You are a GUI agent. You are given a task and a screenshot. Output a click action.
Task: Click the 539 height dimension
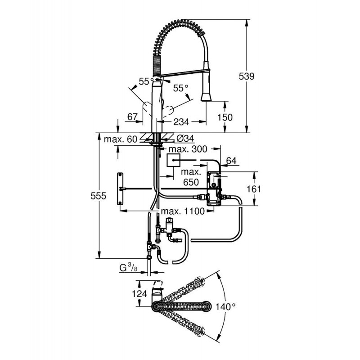[247, 76]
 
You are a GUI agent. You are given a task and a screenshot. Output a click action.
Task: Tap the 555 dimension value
[98, 196]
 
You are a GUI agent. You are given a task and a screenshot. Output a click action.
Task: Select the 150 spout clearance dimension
[225, 117]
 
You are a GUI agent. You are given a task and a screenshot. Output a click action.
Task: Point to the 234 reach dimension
[181, 122]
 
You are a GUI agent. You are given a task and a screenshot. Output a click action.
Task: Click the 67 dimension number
[133, 117]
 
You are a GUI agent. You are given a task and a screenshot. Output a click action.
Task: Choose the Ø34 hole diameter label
[185, 139]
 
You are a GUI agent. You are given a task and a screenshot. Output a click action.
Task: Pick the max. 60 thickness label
[121, 139]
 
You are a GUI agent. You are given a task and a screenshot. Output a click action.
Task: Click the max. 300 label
[188, 149]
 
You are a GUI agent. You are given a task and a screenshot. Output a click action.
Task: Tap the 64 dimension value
[231, 161]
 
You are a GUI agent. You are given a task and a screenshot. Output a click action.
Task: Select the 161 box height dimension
[254, 189]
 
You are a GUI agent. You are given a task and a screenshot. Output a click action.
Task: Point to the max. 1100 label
[183, 211]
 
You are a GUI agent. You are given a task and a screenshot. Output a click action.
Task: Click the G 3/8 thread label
[129, 268]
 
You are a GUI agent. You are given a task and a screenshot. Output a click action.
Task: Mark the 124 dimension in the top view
[139, 294]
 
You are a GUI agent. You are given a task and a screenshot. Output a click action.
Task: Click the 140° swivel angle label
[225, 306]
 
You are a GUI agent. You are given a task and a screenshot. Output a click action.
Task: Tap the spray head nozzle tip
[206, 100]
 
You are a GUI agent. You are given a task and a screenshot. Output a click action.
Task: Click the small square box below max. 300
[173, 161]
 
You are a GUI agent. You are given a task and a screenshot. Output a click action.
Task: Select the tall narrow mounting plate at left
[120, 189]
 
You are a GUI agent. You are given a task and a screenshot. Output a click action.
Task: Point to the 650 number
[191, 182]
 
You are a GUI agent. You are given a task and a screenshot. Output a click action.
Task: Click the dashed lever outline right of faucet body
[170, 111]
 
